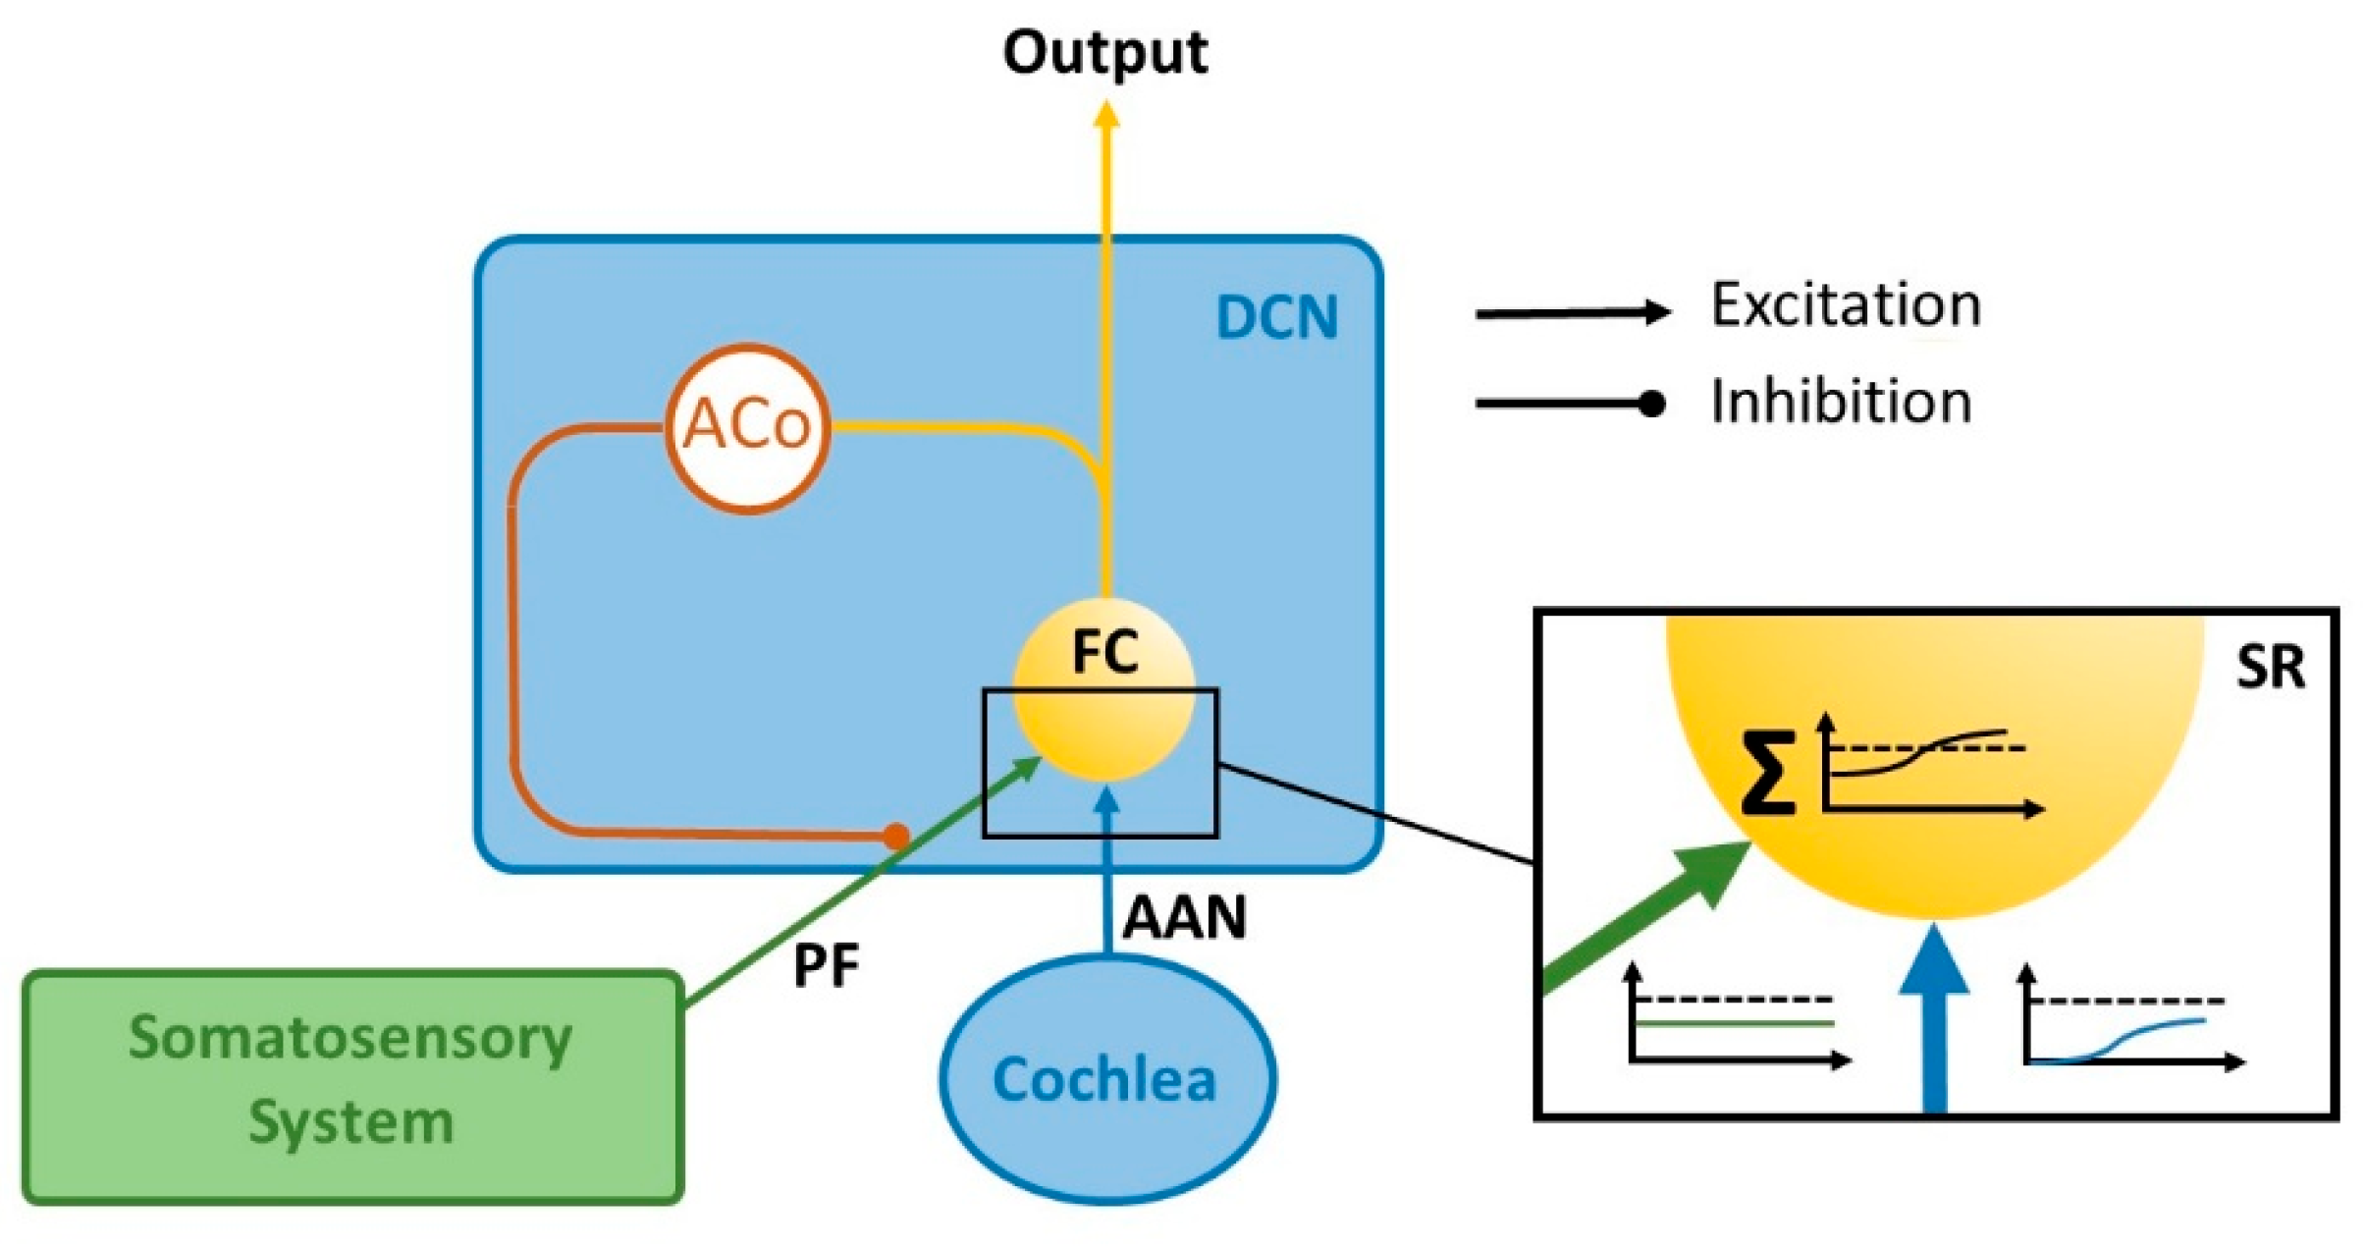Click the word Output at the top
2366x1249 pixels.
pyautogui.click(x=1104, y=53)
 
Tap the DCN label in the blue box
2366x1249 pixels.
pyautogui.click(x=1276, y=317)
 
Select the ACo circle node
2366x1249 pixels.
pyautogui.click(x=747, y=427)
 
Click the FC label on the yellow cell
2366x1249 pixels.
pyautogui.click(x=1104, y=651)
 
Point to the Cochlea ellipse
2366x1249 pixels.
pyautogui.click(x=1107, y=1077)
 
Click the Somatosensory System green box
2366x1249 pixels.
pyautogui.click(x=352, y=1086)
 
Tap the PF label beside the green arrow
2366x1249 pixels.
pyautogui.click(x=826, y=965)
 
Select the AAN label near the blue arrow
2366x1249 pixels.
pyautogui.click(x=1184, y=917)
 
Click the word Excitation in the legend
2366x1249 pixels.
pyautogui.click(x=1846, y=304)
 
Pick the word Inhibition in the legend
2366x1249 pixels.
pyautogui.click(x=1841, y=402)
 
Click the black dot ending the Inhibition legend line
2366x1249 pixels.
pyautogui.click(x=1652, y=404)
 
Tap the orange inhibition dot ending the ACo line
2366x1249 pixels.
pyautogui.click(x=895, y=836)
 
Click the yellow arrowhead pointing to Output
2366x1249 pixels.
pyautogui.click(x=1106, y=115)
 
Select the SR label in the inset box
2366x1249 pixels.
pyautogui.click(x=2270, y=668)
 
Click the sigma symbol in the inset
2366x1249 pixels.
pyautogui.click(x=1768, y=773)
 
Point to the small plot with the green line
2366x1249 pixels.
pyautogui.click(x=1739, y=1015)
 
